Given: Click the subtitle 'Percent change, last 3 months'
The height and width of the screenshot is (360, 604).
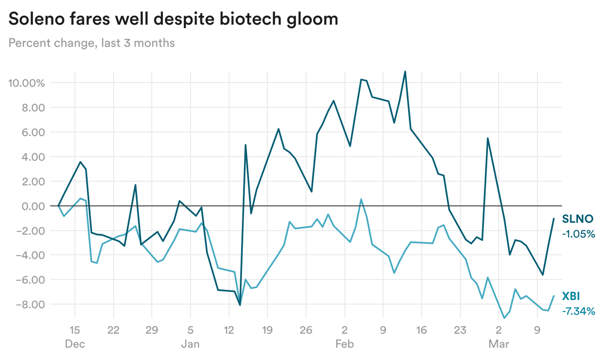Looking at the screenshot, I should pos(92,43).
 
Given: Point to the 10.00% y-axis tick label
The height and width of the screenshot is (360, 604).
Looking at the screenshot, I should pos(26,83).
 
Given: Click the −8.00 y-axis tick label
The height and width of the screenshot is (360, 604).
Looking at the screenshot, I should pos(29,305).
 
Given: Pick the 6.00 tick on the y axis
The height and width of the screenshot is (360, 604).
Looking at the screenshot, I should pos(32,132).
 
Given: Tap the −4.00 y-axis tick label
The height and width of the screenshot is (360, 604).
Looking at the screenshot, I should pos(29,256).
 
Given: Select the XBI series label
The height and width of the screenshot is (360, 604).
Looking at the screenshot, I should pos(571,296).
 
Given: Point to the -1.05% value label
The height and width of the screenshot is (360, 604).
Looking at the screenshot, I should pos(579,234).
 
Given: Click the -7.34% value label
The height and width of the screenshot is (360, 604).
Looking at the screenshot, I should pos(579,311).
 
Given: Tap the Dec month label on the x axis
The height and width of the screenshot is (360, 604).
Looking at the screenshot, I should pos(75,344).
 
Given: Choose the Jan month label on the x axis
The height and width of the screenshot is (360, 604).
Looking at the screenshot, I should pos(190,344).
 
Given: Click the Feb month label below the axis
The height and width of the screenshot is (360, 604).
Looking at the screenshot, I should pos(344,344).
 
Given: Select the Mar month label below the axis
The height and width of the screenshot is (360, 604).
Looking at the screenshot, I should pos(499,344).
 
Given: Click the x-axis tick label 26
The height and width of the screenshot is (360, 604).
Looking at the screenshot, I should pos(305,330).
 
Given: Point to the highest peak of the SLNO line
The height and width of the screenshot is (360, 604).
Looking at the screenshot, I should pos(405,71).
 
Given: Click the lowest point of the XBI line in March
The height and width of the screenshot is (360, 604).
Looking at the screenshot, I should pos(504,318).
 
